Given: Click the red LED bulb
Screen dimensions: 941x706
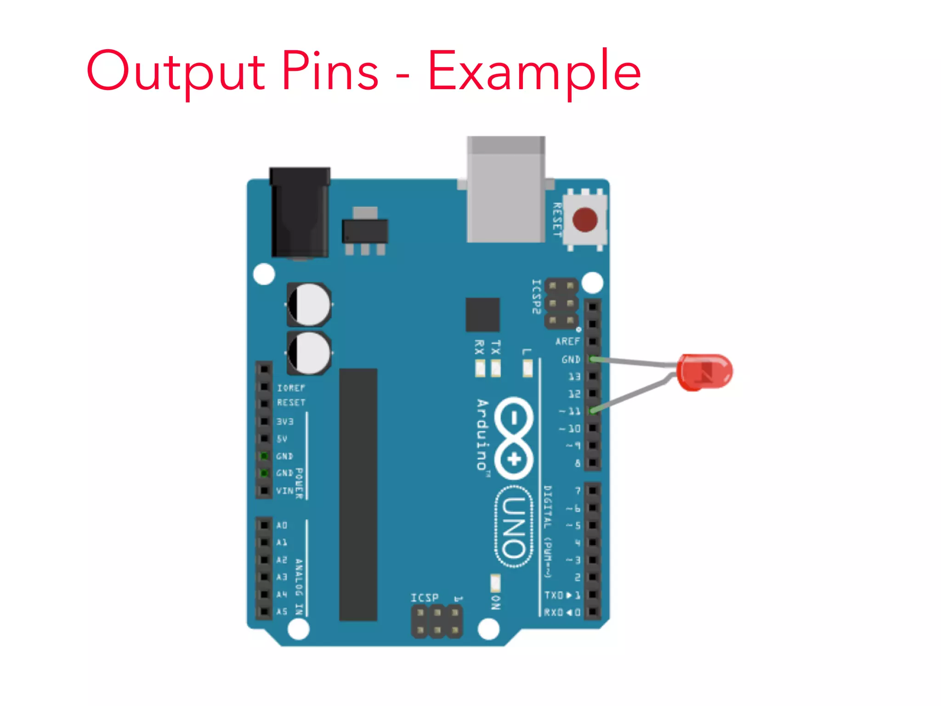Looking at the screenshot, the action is point(705,371).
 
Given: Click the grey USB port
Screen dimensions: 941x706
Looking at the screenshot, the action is point(506,189).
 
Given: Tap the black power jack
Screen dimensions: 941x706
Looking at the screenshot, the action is point(300,212).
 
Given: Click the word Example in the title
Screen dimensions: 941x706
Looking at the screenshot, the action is point(534,71).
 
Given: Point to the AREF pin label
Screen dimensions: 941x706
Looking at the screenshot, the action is point(567,342).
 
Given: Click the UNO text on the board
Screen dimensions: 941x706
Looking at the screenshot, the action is point(514,527).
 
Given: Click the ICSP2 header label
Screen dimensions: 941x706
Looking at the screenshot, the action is point(536,297).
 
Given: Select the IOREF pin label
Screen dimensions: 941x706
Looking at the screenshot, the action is point(291,388).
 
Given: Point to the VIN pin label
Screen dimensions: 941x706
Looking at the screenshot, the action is point(284,491).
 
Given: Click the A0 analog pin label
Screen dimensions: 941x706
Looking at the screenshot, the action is point(282,525).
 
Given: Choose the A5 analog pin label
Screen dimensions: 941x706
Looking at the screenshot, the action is point(282,611).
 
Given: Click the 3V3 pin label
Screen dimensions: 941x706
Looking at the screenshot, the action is point(285,421).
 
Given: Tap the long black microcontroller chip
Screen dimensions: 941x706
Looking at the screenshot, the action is point(358,495).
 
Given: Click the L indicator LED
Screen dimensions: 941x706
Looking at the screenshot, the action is point(527,368).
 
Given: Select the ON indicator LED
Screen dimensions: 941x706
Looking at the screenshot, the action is point(495,583).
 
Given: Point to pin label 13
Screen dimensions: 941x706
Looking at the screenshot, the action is point(574,376).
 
